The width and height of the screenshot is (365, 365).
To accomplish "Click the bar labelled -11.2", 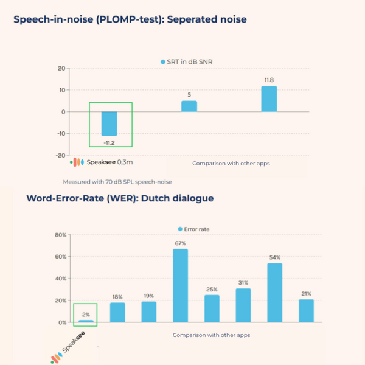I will [109, 123].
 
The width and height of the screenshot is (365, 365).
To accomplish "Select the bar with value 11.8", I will [269, 99].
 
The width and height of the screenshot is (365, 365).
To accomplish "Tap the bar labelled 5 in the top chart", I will [189, 106].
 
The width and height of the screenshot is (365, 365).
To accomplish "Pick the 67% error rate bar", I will [180, 285].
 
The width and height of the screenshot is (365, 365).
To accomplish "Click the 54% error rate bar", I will [275, 293].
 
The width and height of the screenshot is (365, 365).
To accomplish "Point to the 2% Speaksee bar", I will [85, 321].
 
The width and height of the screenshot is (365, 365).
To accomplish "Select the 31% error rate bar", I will [243, 305].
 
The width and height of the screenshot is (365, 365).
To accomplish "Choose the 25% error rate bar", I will [212, 308].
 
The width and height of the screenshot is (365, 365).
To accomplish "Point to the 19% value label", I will [148, 296].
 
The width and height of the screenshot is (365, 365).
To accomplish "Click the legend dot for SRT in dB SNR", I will [162, 62].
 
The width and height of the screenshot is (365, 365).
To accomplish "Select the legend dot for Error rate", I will [179, 229].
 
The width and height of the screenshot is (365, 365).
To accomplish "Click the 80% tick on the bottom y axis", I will [60, 235].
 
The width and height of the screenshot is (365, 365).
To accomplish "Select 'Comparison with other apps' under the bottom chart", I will [211, 335].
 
